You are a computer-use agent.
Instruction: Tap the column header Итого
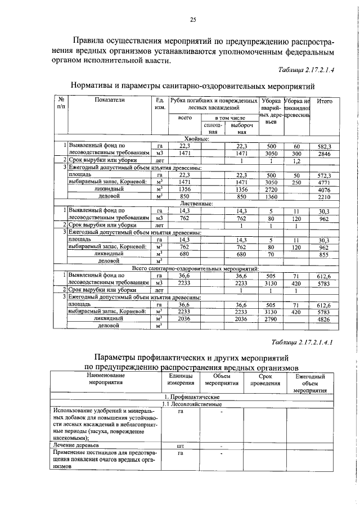(x=325, y=101)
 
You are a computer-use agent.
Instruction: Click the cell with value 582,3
(x=325, y=146)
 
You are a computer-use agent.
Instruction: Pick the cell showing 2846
(x=325, y=153)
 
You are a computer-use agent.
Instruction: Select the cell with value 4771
(x=325, y=182)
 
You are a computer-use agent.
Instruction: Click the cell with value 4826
(x=325, y=318)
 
